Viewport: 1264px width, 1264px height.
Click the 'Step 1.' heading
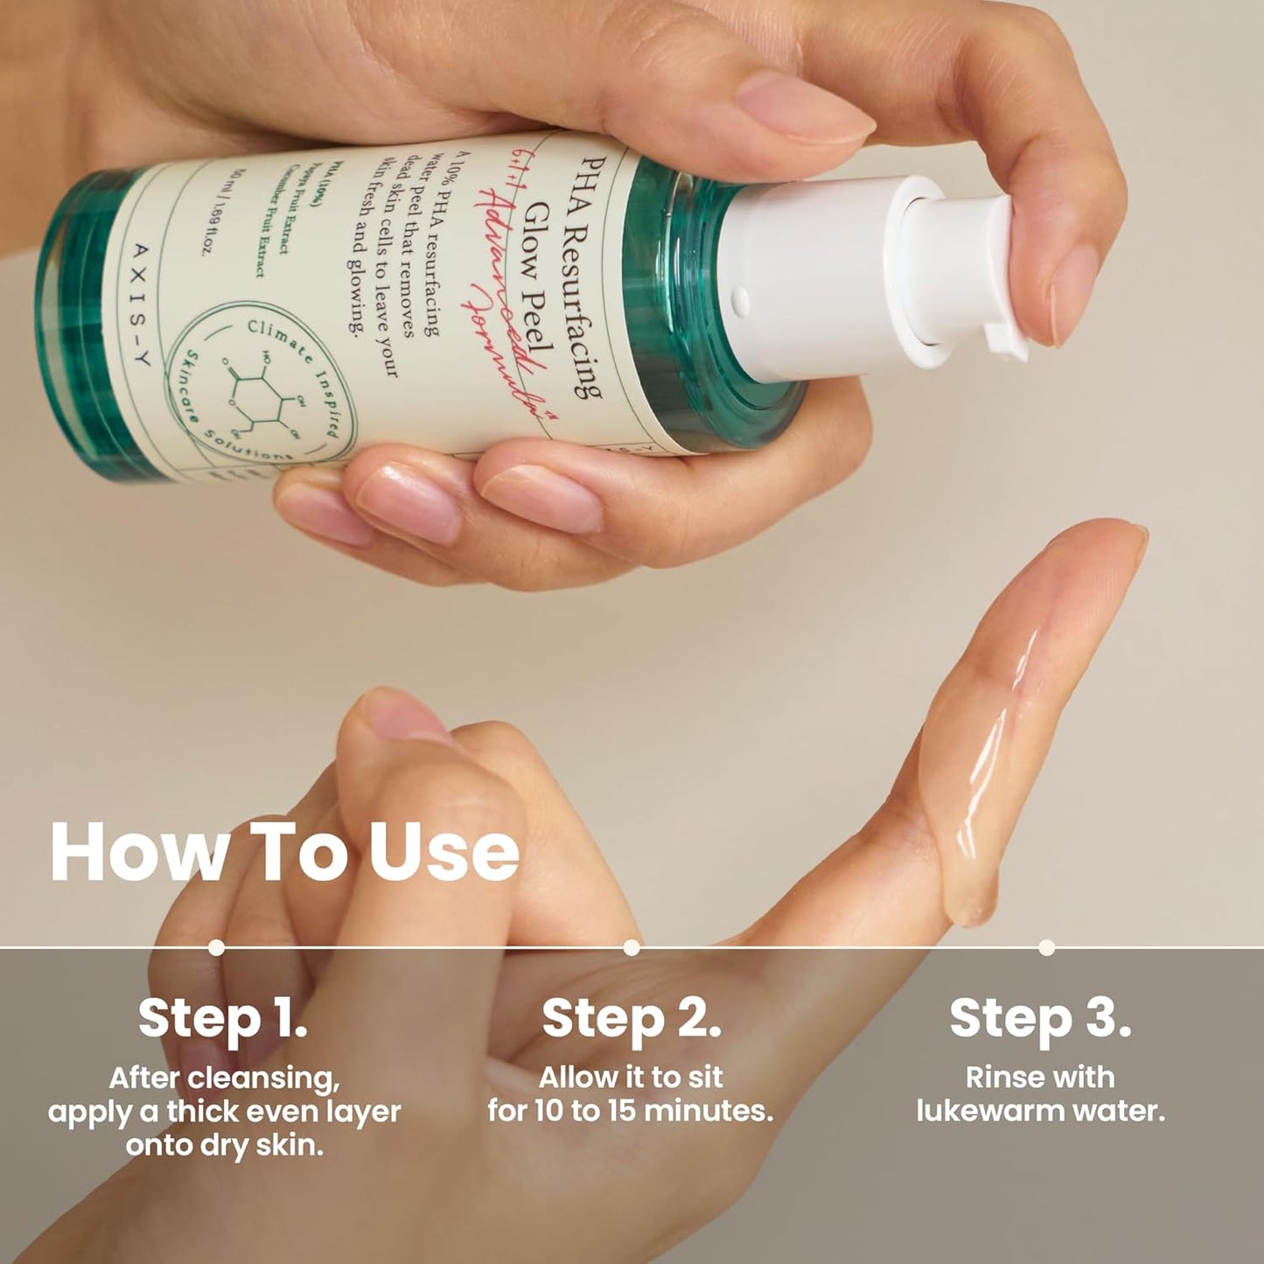pos(222,1018)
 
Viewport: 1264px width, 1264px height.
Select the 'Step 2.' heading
pos(631,1018)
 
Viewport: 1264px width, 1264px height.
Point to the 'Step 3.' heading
pos(1040,1018)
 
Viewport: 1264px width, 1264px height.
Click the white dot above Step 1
pos(216,947)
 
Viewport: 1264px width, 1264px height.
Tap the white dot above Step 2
pos(632,947)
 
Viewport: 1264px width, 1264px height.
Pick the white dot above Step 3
pos(1046,947)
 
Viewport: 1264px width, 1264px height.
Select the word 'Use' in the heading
pos(443,852)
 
